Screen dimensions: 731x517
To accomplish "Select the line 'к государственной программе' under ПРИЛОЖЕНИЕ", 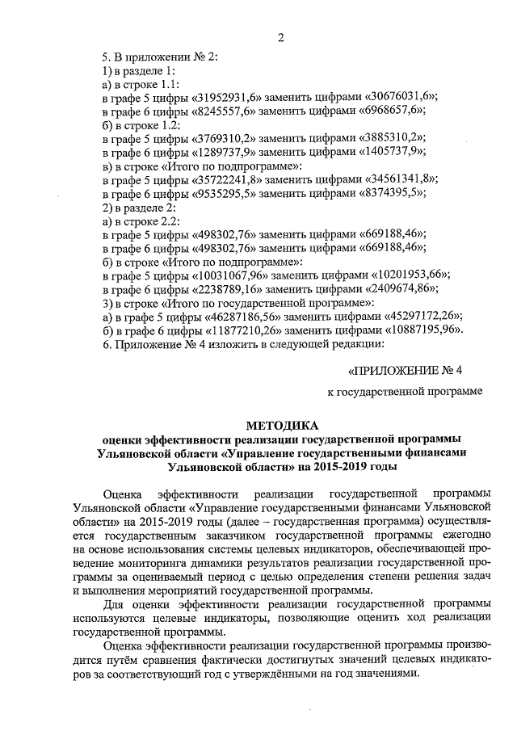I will tap(404, 393).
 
